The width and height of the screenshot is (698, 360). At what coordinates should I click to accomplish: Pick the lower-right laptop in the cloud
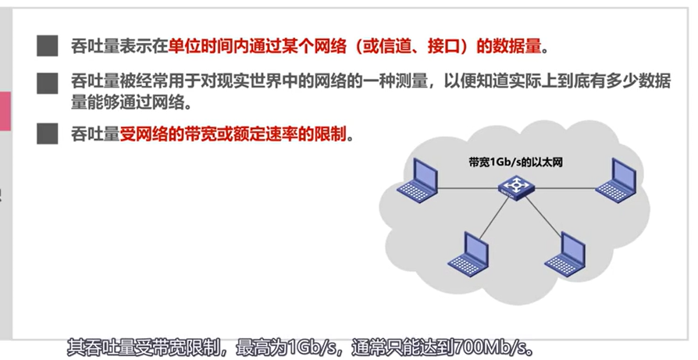point(565,252)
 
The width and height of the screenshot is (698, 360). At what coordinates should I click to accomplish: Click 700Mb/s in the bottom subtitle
point(491,345)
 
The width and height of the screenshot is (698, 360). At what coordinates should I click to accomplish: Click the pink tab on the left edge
point(5,111)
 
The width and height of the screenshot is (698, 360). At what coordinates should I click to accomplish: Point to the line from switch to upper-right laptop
point(564,187)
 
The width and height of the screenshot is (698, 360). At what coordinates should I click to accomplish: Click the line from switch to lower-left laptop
point(493,215)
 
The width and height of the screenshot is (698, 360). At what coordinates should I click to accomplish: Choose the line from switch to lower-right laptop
point(539,215)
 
